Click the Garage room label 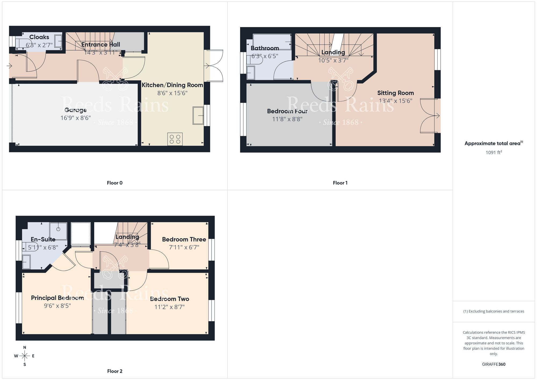75,110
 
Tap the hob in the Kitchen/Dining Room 175,139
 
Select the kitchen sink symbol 198,116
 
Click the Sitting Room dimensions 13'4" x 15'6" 395,101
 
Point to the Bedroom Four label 287,111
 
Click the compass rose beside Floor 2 25,356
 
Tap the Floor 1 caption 340,183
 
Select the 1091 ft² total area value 494,152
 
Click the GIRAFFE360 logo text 494,364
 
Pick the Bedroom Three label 184,239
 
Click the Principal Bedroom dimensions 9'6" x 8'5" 57,306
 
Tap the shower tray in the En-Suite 58,231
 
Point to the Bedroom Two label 169,299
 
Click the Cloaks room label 39,37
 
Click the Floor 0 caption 115,183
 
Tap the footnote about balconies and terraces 494,311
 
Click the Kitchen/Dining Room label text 172,85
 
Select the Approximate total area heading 494,144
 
